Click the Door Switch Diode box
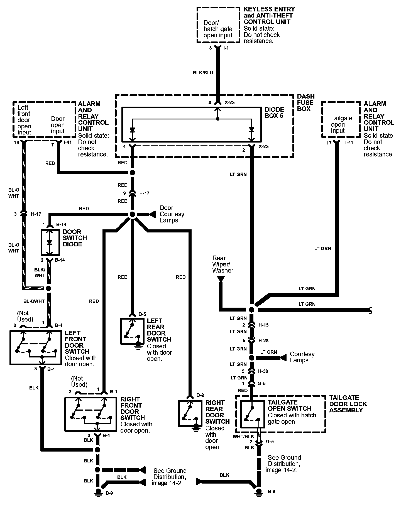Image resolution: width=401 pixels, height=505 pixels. point(50,242)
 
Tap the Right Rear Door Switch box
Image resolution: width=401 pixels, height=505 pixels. point(190,413)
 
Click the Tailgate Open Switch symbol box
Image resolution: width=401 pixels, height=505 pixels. point(253,414)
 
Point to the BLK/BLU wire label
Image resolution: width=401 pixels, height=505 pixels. point(203,73)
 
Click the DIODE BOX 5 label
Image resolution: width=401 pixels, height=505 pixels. point(274,112)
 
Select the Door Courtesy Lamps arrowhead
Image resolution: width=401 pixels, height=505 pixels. point(152,214)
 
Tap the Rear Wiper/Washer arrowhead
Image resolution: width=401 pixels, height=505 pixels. point(221,279)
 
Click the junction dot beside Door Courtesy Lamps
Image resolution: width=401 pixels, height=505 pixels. point(132,214)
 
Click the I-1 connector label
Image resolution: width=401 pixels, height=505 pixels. point(226,48)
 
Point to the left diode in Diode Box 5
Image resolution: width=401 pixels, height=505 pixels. point(132,130)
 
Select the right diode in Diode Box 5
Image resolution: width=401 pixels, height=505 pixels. point(251,130)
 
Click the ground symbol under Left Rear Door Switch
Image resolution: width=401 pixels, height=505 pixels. point(138,347)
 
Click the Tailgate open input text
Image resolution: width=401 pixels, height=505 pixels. point(341,124)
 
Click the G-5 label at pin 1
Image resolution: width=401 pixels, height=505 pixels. point(261,383)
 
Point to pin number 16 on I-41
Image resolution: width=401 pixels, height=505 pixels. point(16,143)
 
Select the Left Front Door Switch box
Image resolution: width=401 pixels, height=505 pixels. point(36,347)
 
